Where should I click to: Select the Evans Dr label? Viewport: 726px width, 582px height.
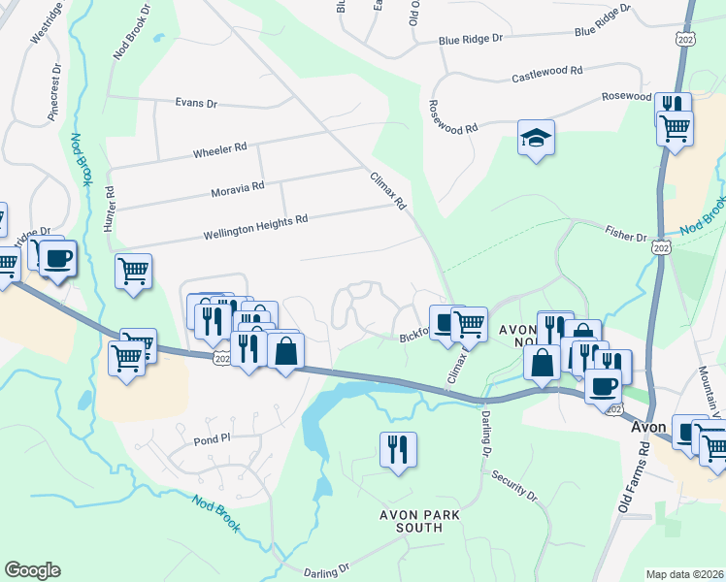tap(196, 102)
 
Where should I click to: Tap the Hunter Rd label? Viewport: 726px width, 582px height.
tap(110, 208)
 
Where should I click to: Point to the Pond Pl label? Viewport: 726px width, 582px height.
tap(210, 437)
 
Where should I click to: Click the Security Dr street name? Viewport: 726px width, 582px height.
tap(513, 480)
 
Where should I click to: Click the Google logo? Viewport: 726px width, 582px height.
tap(32, 569)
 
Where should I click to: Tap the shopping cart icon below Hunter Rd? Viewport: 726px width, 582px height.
tap(133, 272)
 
